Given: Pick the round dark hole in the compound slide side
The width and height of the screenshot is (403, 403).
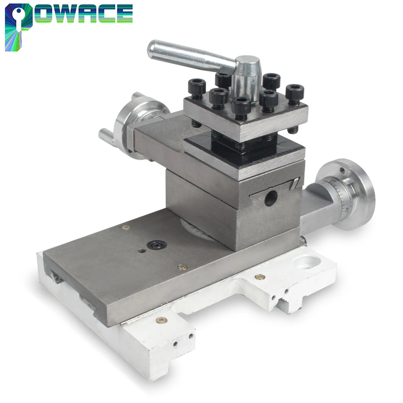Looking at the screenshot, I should [x=270, y=197].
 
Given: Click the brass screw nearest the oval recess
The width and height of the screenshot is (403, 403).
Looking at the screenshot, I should [x=260, y=277].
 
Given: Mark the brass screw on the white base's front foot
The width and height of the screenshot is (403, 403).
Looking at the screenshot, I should [x=162, y=320].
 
